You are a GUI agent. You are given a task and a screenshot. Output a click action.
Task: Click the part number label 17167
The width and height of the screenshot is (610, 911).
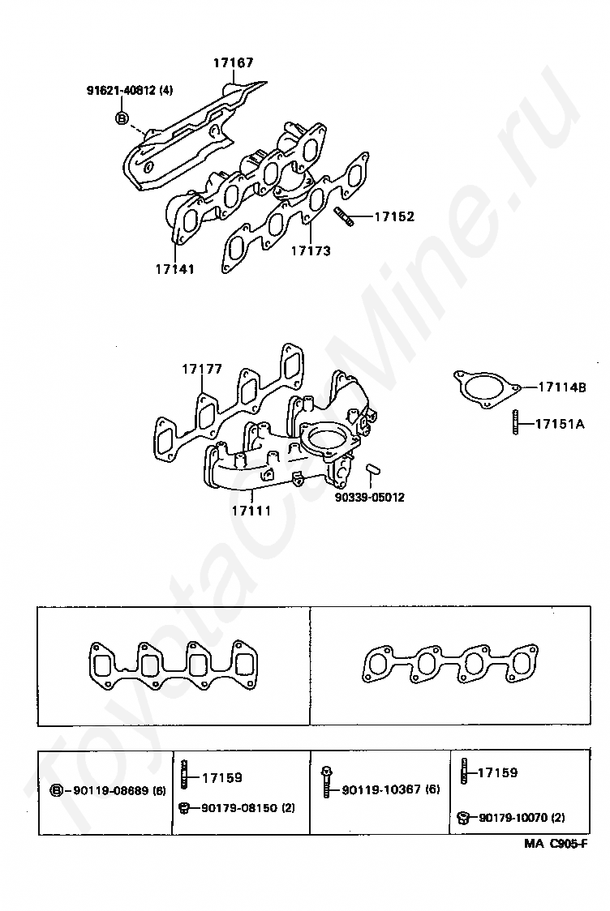233,62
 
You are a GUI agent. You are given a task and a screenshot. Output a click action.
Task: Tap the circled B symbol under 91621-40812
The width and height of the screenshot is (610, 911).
122,118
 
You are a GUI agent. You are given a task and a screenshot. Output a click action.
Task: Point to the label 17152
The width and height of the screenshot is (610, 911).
393,216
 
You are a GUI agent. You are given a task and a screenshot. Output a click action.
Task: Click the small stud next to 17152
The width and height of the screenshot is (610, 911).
343,216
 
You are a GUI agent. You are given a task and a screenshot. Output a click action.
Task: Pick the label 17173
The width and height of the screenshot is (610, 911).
311,251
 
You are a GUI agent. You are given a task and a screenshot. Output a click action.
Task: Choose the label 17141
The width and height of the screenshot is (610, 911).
175,270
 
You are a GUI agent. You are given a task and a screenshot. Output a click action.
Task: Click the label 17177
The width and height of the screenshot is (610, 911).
202,369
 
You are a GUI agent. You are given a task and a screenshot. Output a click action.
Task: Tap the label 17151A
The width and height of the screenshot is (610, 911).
560,424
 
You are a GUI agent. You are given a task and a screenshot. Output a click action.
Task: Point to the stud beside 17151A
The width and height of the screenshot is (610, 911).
515,423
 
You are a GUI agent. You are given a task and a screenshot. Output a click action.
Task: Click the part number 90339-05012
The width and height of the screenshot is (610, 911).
370,498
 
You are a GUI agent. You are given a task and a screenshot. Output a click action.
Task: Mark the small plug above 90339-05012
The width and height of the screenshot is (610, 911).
373,468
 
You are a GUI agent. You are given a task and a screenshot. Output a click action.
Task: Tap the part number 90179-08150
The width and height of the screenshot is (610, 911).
239,808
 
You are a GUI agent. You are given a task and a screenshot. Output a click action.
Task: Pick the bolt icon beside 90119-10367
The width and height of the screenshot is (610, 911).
327,782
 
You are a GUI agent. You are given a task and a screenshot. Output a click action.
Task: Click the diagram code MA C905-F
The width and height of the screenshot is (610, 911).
556,845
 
